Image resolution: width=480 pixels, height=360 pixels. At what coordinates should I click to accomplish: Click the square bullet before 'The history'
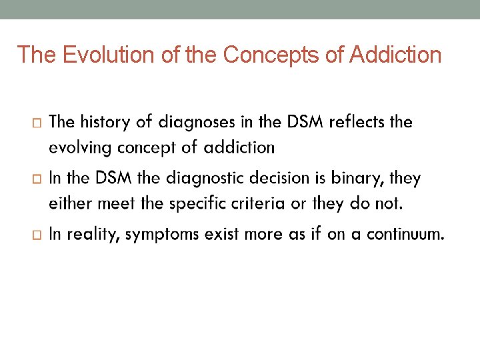pos(36,123)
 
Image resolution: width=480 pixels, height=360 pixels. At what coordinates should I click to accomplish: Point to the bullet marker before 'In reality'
pos(36,235)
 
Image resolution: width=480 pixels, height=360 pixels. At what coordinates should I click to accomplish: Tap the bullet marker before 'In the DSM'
pos(36,179)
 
